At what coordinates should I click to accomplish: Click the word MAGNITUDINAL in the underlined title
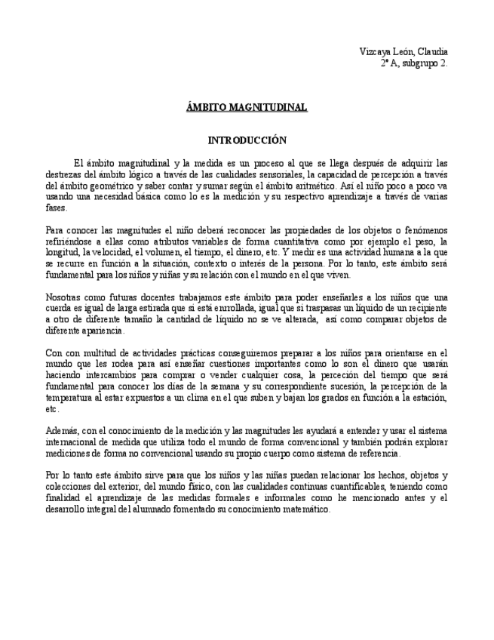click(x=271, y=108)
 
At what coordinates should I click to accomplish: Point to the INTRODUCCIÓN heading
click(x=247, y=140)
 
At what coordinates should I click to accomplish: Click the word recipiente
click(x=427, y=308)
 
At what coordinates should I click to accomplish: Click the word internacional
click(x=73, y=442)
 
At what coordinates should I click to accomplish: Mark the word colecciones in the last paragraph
click(x=69, y=487)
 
